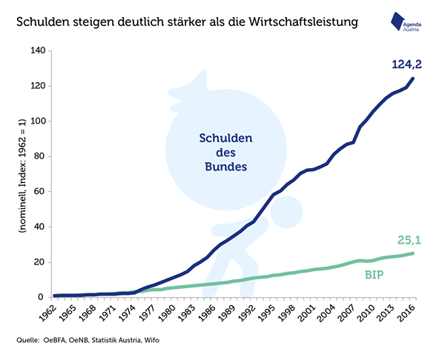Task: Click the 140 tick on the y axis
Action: point(36,51)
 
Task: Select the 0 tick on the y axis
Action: point(42,297)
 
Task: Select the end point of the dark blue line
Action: point(413,79)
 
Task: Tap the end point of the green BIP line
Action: point(413,253)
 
